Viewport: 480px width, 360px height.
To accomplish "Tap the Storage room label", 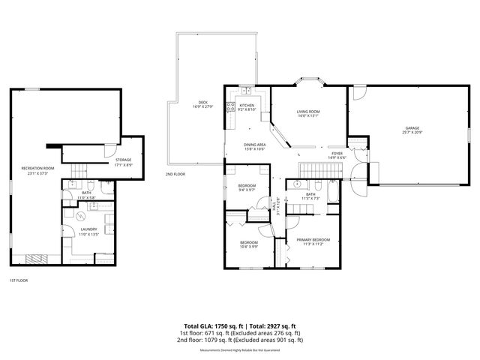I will [123, 160].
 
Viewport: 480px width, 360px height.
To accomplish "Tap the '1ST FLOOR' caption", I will [19, 280].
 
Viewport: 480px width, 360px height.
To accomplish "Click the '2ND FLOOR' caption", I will [175, 174].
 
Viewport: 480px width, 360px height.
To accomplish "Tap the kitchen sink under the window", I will [245, 91].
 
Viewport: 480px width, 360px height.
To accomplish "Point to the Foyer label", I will [337, 154].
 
